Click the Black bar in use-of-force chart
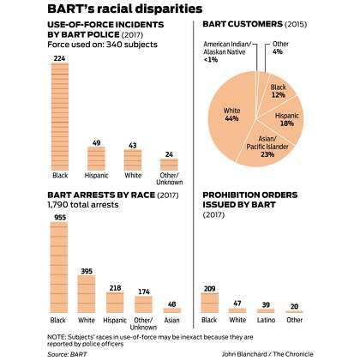coord(60,117)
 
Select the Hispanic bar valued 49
coord(96,159)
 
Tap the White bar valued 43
coord(133,160)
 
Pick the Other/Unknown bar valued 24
coord(169,165)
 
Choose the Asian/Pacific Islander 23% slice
coord(267,147)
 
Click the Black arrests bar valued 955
coord(59,268)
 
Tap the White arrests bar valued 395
coord(87,294)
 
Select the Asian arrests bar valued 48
coord(172,310)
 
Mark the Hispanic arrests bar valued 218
coord(115,303)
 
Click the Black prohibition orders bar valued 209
coord(210,303)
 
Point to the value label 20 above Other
coord(294,306)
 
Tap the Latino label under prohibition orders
coord(266,320)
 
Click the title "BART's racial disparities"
coord(125,9)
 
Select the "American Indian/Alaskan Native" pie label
coord(227,48)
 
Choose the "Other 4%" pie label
coord(280,48)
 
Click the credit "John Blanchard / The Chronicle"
coord(267,354)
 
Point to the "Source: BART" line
coord(67,354)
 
